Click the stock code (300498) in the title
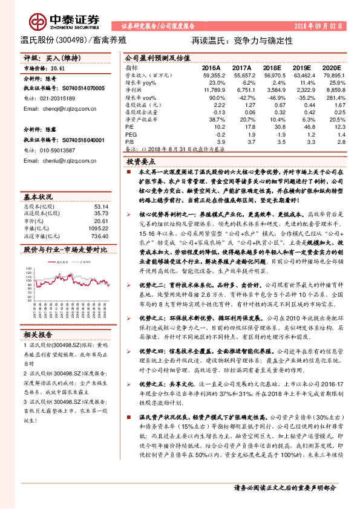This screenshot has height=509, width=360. tap(70, 41)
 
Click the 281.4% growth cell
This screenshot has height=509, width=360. tap(336, 97)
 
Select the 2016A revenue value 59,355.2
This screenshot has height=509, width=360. tap(213, 75)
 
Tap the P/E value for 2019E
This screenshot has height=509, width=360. tap(308, 126)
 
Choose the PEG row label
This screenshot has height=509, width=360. tap(131, 133)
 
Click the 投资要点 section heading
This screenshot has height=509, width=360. tap(141, 163)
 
